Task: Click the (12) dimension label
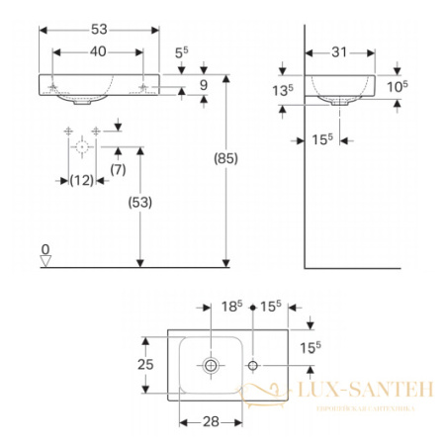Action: (81, 180)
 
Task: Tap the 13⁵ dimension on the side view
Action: (283, 91)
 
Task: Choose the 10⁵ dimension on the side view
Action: (399, 85)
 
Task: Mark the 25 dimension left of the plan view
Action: (145, 364)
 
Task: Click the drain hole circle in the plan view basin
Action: (211, 366)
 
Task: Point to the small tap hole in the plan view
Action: (253, 366)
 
